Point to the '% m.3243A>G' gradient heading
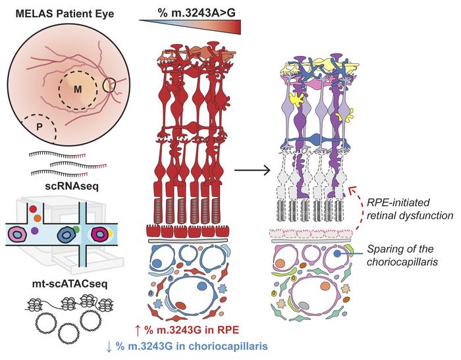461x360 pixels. click(x=190, y=11)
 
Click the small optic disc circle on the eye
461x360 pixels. click(x=109, y=85)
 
